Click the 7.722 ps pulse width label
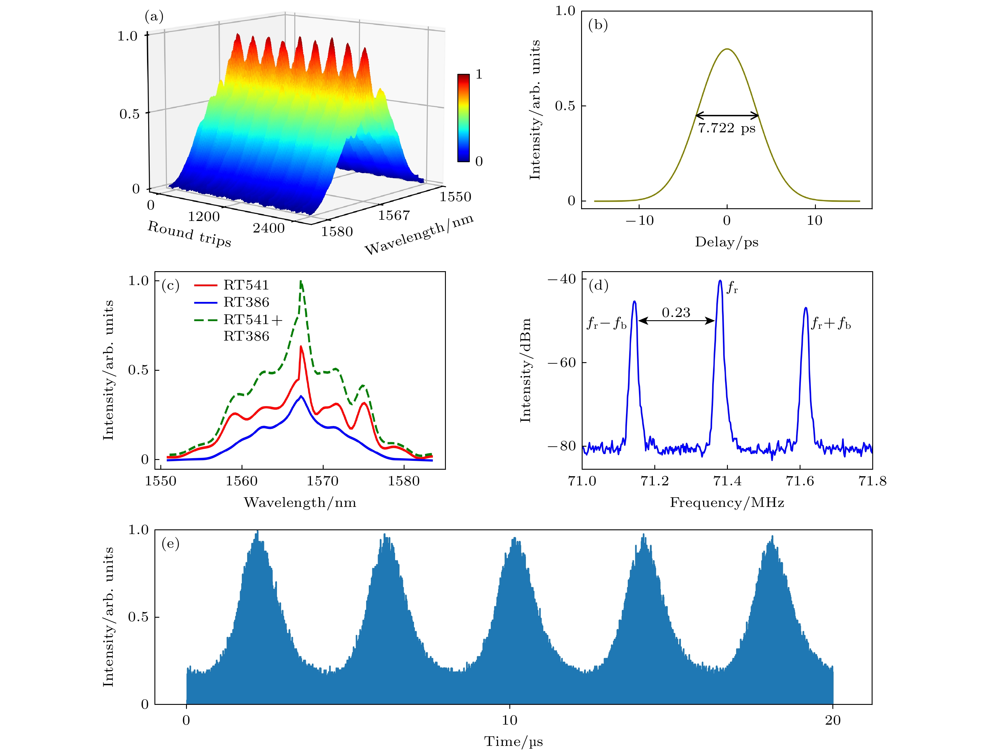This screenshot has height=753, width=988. [x=726, y=128]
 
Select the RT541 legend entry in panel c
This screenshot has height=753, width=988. [x=246, y=285]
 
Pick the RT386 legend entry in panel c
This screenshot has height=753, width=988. [x=246, y=302]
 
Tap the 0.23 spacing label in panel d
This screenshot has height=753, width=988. [x=676, y=313]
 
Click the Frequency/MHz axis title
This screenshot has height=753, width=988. [x=727, y=502]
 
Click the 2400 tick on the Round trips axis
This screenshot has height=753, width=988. [x=268, y=228]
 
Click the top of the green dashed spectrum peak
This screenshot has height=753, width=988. [x=301, y=282]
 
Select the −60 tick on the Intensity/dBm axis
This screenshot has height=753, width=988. [x=561, y=362]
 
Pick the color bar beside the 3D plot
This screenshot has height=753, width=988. [x=463, y=118]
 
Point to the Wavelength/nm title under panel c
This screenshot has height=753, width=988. [x=300, y=502]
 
